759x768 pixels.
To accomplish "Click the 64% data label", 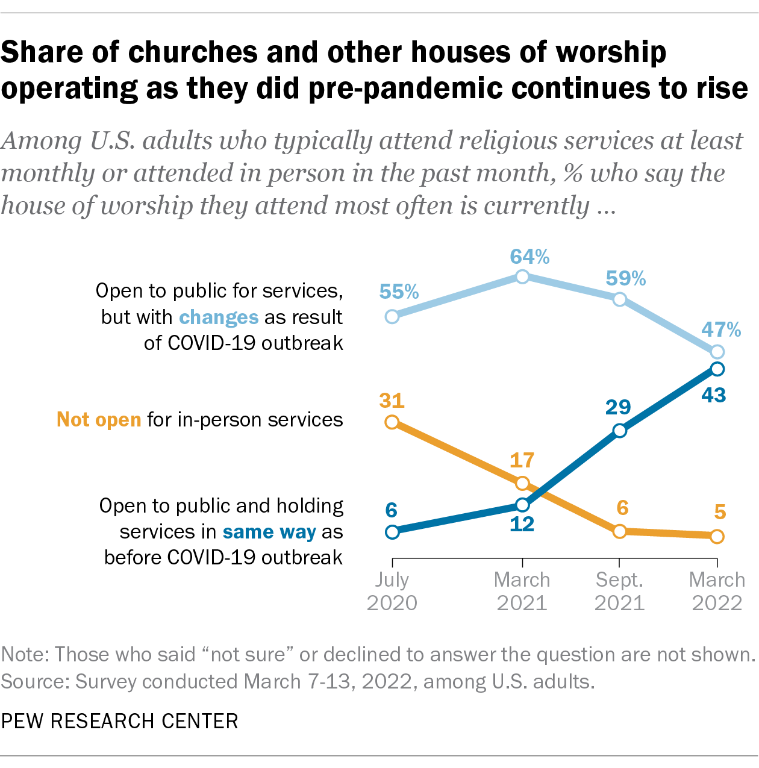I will pos(529,257).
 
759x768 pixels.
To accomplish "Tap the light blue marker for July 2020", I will pos(392,316).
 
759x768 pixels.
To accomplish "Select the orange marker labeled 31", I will pos(392,422).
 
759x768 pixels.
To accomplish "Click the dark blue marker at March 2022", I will pos(717,369).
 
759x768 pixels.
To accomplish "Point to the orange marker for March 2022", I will pos(717,536).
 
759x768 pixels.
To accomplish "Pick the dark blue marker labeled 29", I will pos(619,430).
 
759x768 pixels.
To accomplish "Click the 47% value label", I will pos(721,329).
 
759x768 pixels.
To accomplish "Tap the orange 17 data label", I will pos(522,460).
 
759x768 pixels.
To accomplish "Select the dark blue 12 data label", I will pos(522,524).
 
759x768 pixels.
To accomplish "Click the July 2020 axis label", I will pos(392,591).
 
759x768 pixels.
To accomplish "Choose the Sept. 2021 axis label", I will pos(619,591).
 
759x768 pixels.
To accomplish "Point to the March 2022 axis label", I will pos(717,591).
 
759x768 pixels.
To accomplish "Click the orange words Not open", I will pos(99,419).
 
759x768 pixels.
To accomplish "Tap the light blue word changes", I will pos(219,317).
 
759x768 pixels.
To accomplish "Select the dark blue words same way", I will pos(269,532).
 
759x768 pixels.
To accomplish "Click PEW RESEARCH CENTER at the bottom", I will pos(120,721).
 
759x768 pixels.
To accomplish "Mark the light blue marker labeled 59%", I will pos(619,299).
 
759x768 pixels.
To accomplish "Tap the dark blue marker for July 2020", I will pos(392,532).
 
